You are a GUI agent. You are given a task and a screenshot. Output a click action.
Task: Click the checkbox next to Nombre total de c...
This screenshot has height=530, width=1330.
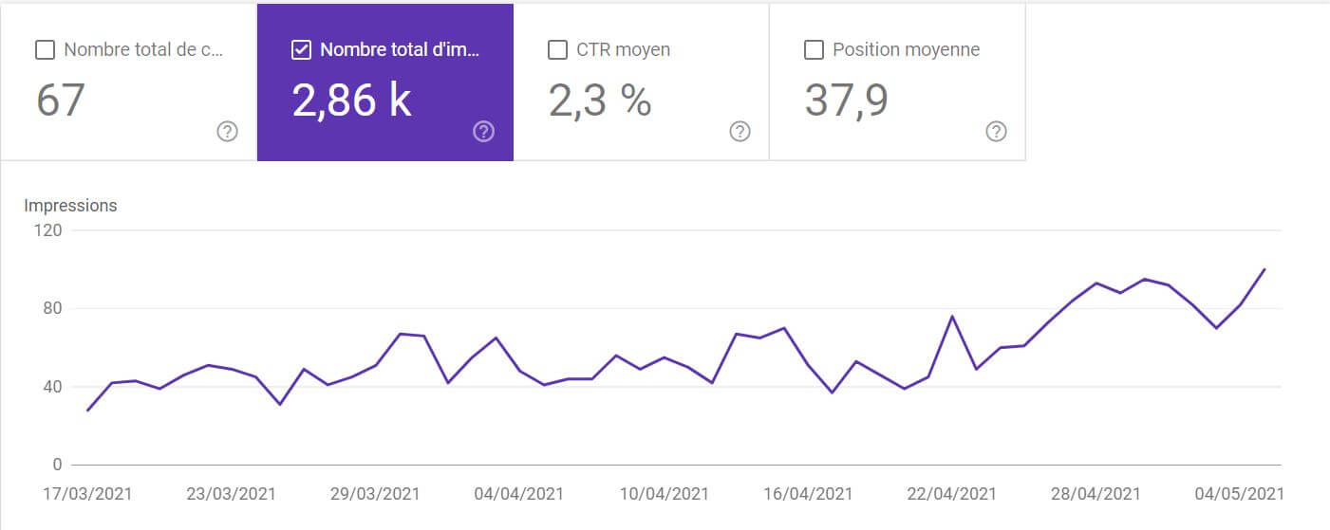click(x=45, y=49)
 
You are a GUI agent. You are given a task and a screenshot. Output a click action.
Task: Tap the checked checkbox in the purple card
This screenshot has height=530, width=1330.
click(x=301, y=49)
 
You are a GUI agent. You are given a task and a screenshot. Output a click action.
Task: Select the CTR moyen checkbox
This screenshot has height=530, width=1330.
click(x=558, y=49)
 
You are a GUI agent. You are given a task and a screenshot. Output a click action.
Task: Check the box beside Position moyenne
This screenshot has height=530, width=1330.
click(x=814, y=49)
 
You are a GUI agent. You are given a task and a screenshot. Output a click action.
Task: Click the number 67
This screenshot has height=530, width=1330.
click(x=61, y=101)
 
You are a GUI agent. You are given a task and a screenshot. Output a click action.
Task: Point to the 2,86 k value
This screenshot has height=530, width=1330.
click(x=351, y=101)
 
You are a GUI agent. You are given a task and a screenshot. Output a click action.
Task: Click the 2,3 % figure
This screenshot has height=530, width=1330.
click(x=600, y=101)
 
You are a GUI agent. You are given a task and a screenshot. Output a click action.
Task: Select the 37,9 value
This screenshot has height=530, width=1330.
click(x=846, y=101)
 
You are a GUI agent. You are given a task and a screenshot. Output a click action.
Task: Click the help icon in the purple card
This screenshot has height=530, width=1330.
click(x=483, y=132)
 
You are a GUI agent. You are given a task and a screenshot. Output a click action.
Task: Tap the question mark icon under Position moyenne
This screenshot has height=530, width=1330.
click(x=996, y=132)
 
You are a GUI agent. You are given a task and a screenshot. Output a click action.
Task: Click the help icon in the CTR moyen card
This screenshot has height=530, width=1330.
click(x=740, y=132)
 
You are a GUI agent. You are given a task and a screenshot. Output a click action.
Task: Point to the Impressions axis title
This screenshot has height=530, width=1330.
click(x=70, y=206)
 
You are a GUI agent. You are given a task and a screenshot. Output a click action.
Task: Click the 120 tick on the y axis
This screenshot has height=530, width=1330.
click(x=49, y=230)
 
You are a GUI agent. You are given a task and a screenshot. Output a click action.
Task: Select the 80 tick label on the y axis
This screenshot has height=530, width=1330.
click(x=52, y=308)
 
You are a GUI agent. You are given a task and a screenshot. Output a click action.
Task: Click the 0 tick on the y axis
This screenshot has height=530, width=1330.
click(x=57, y=465)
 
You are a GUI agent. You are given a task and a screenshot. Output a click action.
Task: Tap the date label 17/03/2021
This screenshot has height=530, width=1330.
click(x=87, y=494)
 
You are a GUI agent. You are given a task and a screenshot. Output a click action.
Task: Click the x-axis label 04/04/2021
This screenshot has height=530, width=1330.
click(x=518, y=494)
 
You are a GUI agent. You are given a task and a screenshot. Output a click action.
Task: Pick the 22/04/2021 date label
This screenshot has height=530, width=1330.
click(x=952, y=494)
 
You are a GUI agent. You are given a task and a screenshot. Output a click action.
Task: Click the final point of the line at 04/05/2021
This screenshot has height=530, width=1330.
click(x=1264, y=269)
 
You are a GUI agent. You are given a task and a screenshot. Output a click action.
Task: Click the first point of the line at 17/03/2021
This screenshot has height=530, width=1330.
click(x=87, y=411)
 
